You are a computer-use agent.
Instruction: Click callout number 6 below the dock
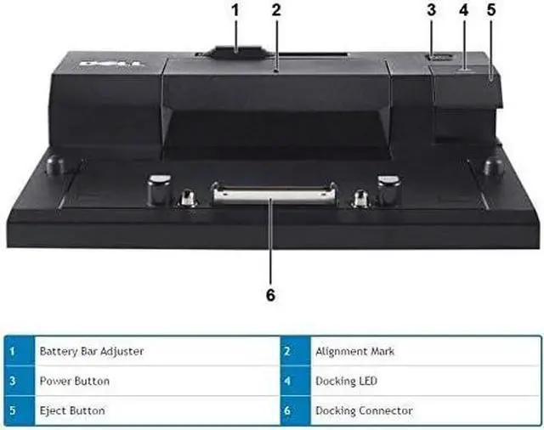pos(270,295)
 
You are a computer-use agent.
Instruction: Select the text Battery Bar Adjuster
pos(91,351)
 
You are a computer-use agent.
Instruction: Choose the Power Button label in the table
pos(74,381)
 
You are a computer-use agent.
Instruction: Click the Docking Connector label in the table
pos(364,410)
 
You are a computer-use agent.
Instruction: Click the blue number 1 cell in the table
pos(12,351)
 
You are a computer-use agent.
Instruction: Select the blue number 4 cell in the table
pos(288,381)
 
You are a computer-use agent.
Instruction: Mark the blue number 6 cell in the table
pos(288,410)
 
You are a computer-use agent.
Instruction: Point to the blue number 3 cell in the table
pos(12,381)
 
